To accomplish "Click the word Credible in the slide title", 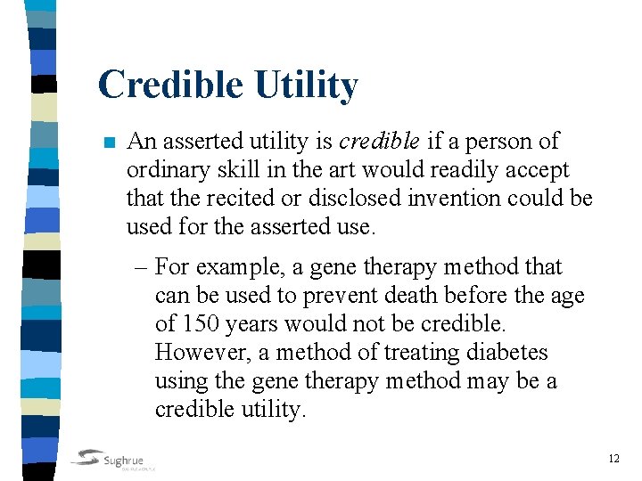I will click(170, 85).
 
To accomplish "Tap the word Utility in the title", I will click(306, 85).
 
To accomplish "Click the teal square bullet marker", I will click(109, 143).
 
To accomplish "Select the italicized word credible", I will click(379, 141).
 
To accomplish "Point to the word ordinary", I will click(162, 170).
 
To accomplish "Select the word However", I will click(201, 353).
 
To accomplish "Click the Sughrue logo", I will click(113, 459).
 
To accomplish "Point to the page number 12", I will click(613, 459).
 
